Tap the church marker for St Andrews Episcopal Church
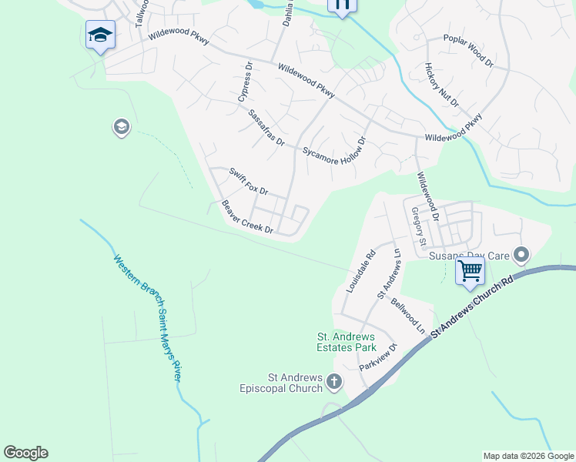point(334,381)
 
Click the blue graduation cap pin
point(100,35)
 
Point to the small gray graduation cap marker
point(121,127)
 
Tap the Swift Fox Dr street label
point(248,181)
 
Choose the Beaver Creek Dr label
point(248,217)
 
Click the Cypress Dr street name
point(245,84)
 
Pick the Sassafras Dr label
point(266,128)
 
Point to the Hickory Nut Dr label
point(441,86)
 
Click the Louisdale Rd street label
point(360,270)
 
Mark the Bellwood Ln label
point(408,316)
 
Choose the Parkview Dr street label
point(377,357)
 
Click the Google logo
point(25,453)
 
